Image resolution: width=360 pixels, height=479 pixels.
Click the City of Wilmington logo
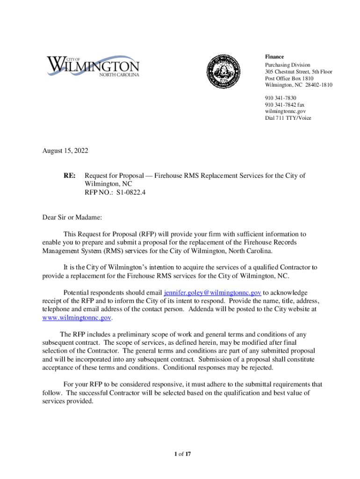[x=93, y=66]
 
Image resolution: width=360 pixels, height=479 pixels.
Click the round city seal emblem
[x=225, y=73]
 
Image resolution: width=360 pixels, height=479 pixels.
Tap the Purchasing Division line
[x=288, y=65]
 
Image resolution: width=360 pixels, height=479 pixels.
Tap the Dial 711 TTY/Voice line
[x=288, y=118]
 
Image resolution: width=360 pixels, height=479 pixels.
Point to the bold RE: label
[x=70, y=176]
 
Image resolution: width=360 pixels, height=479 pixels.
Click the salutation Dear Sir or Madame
[x=72, y=218]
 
